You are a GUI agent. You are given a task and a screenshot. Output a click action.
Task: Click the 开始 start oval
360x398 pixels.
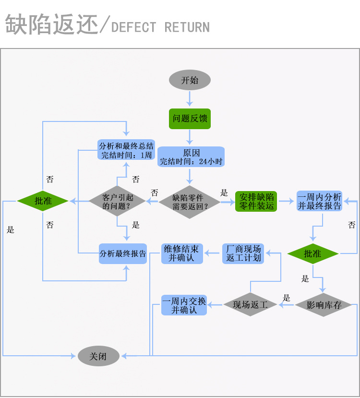(190, 80)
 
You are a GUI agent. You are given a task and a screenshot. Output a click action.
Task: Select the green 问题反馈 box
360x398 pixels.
(190, 119)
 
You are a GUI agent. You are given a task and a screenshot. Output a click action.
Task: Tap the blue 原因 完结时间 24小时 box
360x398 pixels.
(191, 157)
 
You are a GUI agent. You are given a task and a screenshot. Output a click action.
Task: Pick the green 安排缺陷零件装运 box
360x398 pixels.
(256, 202)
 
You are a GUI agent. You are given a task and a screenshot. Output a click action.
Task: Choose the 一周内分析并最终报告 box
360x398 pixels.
(319, 202)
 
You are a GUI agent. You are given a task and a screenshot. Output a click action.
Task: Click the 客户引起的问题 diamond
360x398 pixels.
(117, 202)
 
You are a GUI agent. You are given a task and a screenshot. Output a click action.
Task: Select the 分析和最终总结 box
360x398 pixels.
(126, 150)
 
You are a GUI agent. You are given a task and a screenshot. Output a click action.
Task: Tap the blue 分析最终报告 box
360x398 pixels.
(122, 253)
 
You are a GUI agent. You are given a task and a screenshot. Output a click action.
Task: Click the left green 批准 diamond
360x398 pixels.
(43, 201)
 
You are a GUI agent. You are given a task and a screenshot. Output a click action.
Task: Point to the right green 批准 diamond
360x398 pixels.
(313, 253)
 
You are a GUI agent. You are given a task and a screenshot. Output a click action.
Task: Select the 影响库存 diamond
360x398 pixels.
(323, 304)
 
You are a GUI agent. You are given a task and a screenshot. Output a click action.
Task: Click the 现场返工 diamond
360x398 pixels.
(251, 304)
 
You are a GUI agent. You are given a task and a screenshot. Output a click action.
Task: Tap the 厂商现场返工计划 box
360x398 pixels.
(243, 253)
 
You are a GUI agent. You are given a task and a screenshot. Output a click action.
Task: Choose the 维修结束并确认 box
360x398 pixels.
(182, 253)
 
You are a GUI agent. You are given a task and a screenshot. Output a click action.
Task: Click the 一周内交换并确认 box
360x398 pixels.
(184, 305)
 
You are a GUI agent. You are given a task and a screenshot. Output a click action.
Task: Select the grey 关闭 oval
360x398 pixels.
(98, 356)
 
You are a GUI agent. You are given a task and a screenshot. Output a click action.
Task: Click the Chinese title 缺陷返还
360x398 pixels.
(51, 24)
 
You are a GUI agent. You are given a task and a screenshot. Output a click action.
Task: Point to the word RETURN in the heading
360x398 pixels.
(187, 27)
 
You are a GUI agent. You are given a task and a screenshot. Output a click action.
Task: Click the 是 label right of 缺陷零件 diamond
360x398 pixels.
(224, 193)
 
